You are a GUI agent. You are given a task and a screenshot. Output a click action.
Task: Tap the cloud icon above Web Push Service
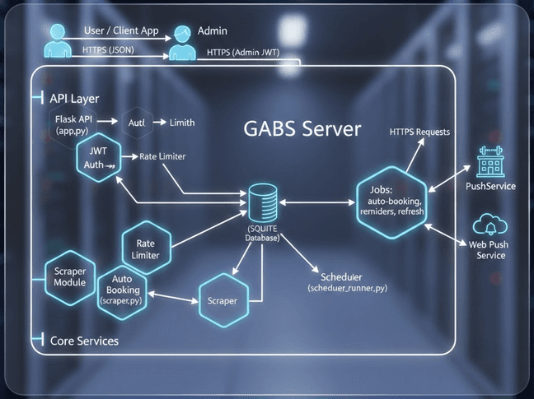[491, 225]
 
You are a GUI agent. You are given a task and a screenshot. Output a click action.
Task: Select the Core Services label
[84, 340]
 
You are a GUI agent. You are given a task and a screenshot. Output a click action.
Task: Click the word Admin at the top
[213, 31]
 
